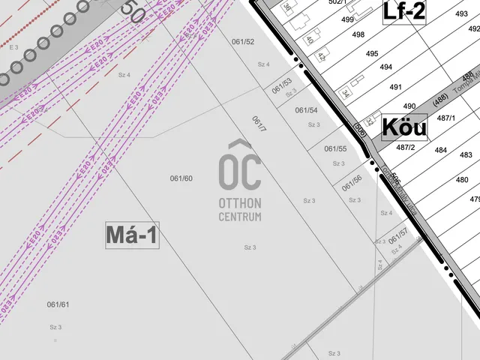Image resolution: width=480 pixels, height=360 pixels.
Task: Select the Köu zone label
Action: tap(404, 127)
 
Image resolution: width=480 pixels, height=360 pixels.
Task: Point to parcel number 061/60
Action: tap(181, 178)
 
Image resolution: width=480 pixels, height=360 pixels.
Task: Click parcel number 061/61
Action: tap(58, 304)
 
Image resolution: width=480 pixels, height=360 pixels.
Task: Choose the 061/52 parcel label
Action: tap(243, 42)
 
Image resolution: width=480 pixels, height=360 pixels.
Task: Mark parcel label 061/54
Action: tap(306, 110)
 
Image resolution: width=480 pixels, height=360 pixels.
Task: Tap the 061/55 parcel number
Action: tap(335, 148)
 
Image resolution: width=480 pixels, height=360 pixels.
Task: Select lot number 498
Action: tap(358, 34)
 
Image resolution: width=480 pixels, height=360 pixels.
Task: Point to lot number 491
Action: tap(396, 87)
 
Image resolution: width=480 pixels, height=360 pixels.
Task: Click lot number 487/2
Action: tap(406, 147)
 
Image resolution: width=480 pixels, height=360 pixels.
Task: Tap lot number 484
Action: tap(440, 150)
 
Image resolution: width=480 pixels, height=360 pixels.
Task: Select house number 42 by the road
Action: tap(321, 56)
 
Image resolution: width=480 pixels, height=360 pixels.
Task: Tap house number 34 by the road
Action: tap(345, 94)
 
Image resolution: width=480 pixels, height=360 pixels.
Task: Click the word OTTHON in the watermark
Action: tap(240, 203)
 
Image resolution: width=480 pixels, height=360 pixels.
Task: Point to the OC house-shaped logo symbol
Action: tap(240, 166)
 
